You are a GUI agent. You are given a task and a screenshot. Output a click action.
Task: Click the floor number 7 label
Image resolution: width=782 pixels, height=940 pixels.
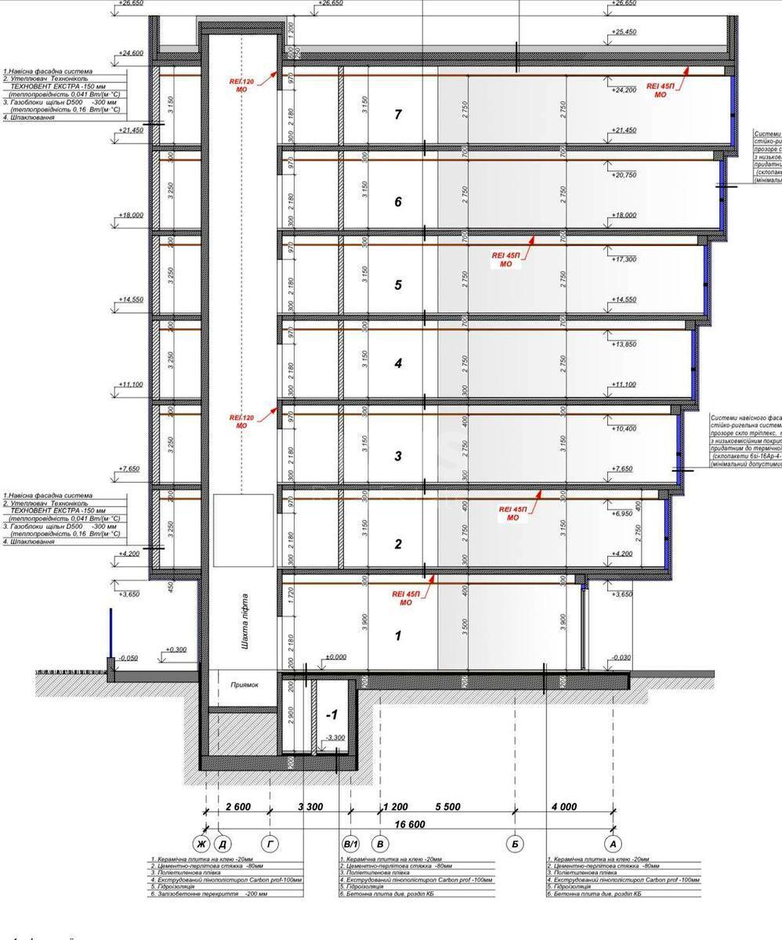[x=398, y=115]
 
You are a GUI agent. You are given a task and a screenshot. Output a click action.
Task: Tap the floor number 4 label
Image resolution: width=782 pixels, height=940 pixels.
[x=398, y=363]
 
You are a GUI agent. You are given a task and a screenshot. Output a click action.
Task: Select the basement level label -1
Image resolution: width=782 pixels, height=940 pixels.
[x=331, y=715]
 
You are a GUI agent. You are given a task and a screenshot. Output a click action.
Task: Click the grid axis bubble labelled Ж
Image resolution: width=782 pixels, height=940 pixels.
[x=201, y=844]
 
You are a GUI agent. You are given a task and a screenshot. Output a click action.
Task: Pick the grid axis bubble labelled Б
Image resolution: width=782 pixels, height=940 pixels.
[x=516, y=844]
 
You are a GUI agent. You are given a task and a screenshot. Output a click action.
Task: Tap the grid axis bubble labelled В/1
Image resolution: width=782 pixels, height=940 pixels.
[x=350, y=844]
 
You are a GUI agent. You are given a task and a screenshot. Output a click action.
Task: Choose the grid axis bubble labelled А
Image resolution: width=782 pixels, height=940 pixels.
[x=613, y=844]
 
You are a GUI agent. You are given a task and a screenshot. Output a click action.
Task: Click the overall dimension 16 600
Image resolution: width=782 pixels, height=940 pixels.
[x=409, y=824]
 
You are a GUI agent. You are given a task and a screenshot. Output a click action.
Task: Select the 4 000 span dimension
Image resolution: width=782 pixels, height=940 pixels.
[x=564, y=807]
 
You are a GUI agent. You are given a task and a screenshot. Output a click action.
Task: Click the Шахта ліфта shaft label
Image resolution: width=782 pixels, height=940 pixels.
[x=245, y=621]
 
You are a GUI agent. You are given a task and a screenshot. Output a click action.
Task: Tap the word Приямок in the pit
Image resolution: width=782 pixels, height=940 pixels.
[x=244, y=684]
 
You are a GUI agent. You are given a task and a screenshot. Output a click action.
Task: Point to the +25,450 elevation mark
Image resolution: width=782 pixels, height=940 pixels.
[x=624, y=32]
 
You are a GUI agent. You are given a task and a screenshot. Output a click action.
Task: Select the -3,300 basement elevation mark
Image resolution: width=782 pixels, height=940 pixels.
[x=335, y=738]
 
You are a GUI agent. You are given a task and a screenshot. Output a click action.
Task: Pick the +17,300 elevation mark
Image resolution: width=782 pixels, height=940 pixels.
[x=624, y=258]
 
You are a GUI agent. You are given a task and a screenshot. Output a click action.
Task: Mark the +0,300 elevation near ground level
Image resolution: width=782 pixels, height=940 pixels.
[x=176, y=649]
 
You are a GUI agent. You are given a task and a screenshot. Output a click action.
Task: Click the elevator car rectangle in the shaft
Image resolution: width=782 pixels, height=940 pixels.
[x=244, y=530]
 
